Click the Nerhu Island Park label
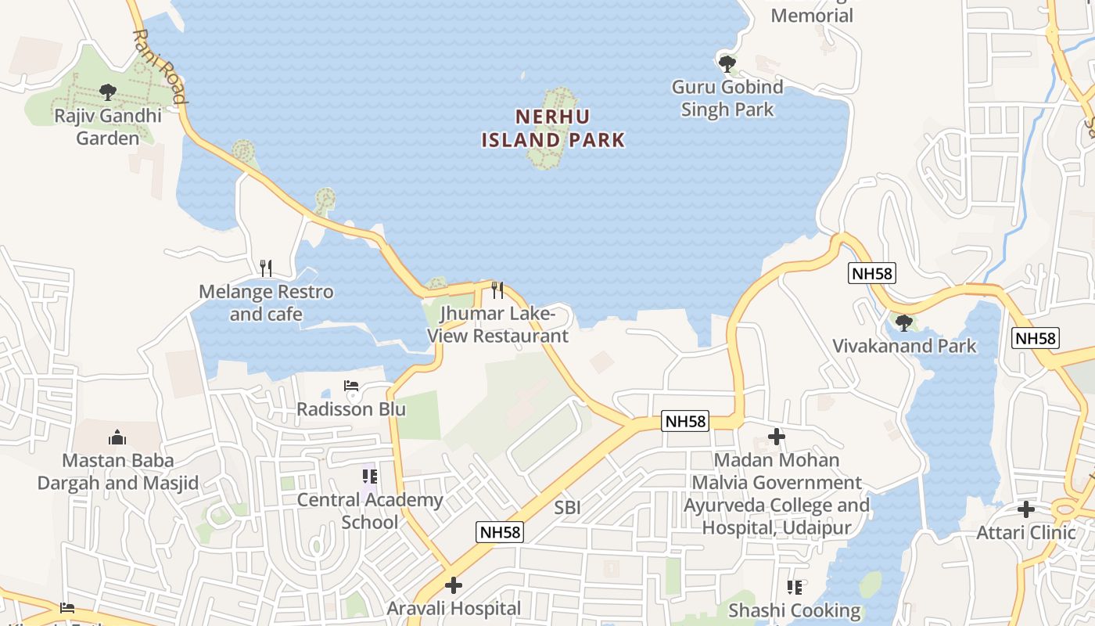pos(553,128)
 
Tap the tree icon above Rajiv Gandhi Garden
pos(108,92)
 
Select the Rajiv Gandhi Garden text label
pos(108,127)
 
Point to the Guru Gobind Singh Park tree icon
pos(727,63)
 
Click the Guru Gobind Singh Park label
pos(727,98)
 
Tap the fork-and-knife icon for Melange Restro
pos(266,268)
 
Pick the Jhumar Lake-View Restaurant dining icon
pos(497,290)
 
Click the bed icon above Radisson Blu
pos(351,387)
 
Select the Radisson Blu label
pos(351,409)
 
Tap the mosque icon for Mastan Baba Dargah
pos(117,437)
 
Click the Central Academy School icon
pos(370,476)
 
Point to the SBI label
pos(568,508)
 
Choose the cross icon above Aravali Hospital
pos(454,585)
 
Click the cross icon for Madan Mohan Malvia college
pos(777,437)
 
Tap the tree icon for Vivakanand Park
pos(904,322)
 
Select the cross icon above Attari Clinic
pos(1026,509)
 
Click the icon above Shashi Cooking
pos(795,587)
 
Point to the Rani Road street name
pos(160,67)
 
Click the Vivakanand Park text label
pos(904,346)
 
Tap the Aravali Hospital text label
pos(454,608)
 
